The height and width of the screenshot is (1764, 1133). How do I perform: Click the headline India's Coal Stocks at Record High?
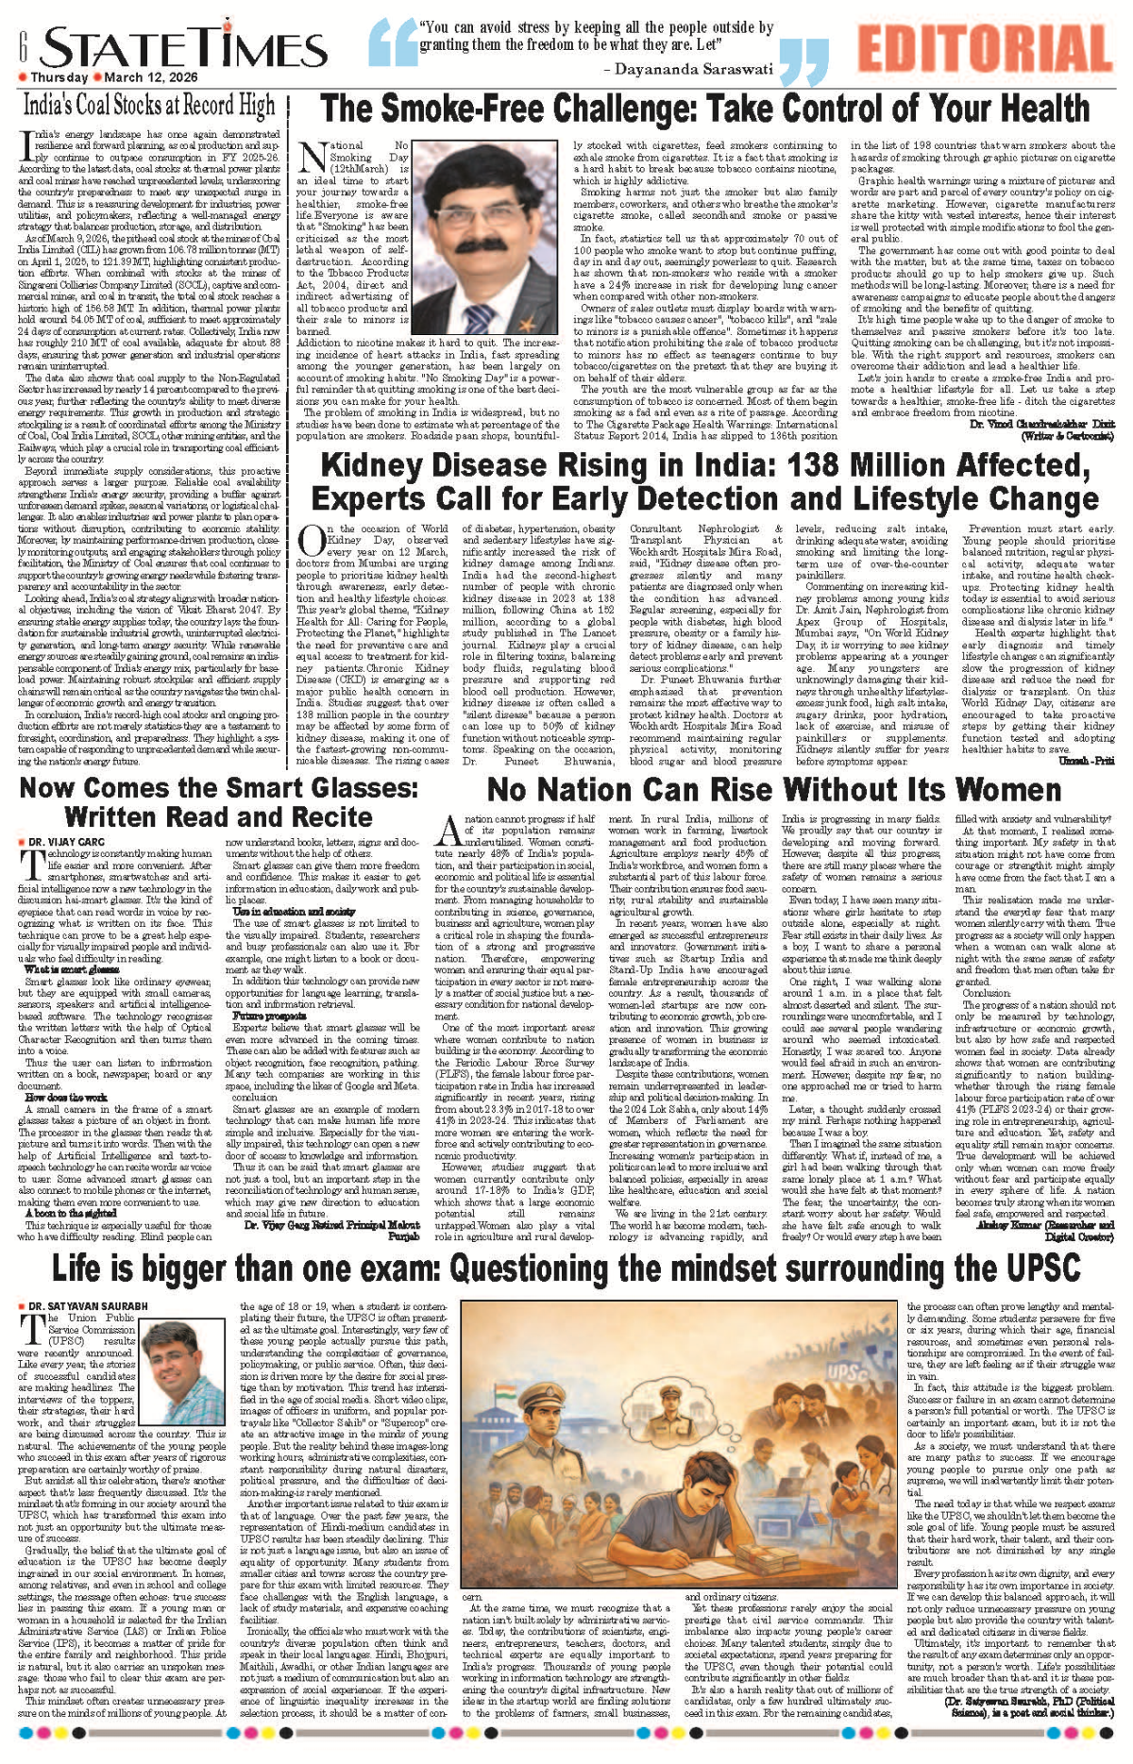[x=149, y=106]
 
